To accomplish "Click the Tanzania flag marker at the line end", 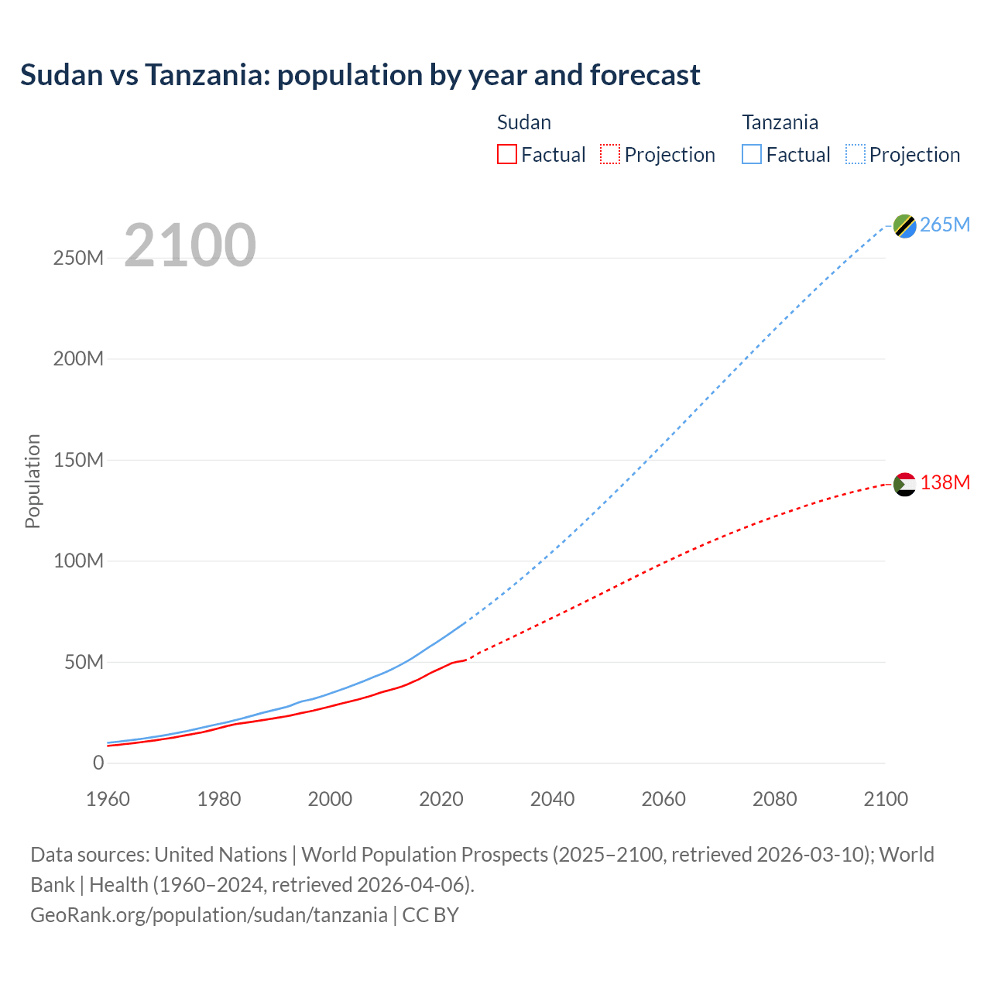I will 904,226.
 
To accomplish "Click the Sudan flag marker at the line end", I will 904,485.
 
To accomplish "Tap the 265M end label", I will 945,225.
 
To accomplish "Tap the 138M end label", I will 945,482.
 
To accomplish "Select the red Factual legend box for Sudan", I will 506,155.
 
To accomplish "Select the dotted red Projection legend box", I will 610,155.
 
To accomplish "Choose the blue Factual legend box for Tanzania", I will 752,155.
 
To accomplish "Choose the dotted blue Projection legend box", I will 856,155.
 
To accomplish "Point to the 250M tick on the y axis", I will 78,258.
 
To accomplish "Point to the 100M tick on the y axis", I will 78,561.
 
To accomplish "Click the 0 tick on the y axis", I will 98,763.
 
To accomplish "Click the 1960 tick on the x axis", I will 108,799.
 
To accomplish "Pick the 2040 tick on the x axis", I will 552,799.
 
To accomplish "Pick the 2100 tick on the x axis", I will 886,799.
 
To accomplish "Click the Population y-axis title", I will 33,481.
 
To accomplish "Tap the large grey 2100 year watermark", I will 190,245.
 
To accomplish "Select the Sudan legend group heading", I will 524,122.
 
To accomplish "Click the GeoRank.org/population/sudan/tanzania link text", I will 209,914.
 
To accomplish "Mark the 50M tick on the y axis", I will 84,662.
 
